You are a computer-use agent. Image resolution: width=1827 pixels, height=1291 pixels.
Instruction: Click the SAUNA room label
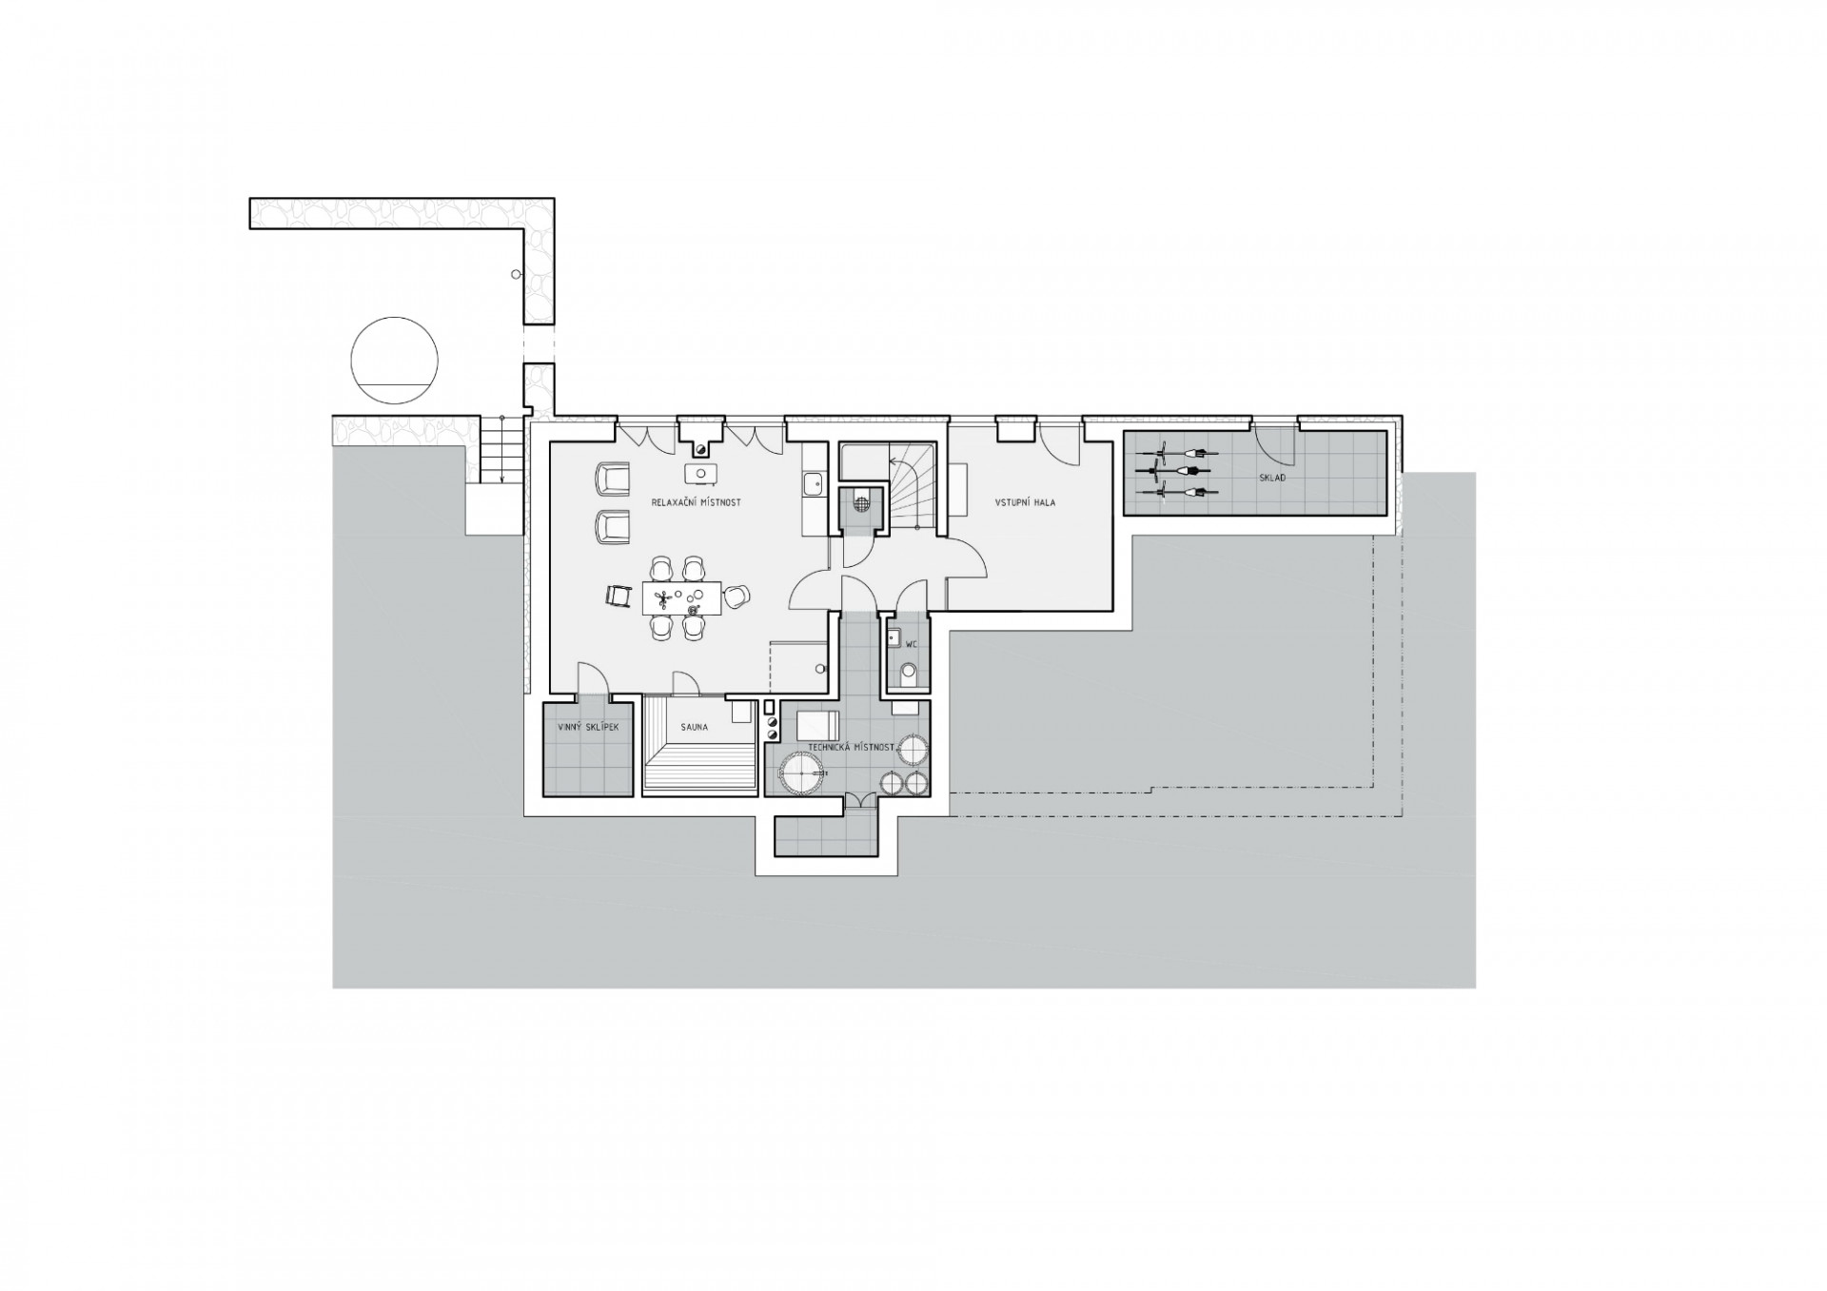(694, 728)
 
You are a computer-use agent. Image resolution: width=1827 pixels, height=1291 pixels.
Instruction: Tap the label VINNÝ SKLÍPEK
(588, 728)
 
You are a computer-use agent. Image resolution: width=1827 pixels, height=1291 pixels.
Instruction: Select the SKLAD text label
(1272, 478)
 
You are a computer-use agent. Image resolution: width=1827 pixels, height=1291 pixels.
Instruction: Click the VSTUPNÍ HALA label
(1025, 502)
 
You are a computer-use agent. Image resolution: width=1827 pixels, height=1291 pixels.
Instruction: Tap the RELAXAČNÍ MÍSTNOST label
(697, 501)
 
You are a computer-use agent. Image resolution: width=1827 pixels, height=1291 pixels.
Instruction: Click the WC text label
(912, 644)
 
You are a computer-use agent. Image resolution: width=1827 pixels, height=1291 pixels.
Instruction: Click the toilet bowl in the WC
(909, 674)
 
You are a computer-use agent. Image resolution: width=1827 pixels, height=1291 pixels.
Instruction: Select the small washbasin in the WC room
(894, 637)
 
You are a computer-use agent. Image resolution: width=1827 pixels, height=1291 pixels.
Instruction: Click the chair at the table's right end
(737, 597)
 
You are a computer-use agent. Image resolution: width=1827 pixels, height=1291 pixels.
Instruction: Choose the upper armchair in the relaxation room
(612, 479)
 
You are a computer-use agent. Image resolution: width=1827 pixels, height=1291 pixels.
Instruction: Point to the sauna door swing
(685, 681)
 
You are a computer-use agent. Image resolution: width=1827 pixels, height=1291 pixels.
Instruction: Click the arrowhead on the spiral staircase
(893, 462)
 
